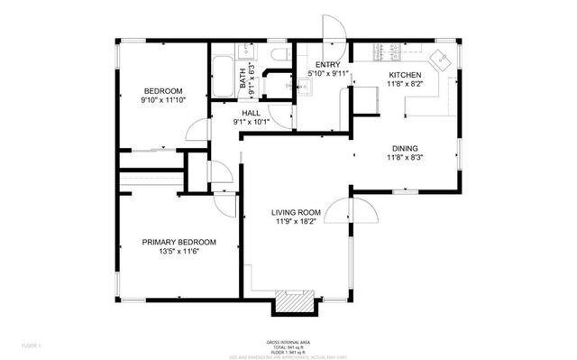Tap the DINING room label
tap(404, 148)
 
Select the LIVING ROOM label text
tap(297, 214)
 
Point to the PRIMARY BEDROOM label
tap(179, 242)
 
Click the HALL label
tap(251, 113)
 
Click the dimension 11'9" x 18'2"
tap(297, 225)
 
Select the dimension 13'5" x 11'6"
tap(179, 253)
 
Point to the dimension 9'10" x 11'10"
tap(164, 101)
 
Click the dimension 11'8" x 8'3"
tap(404, 159)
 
